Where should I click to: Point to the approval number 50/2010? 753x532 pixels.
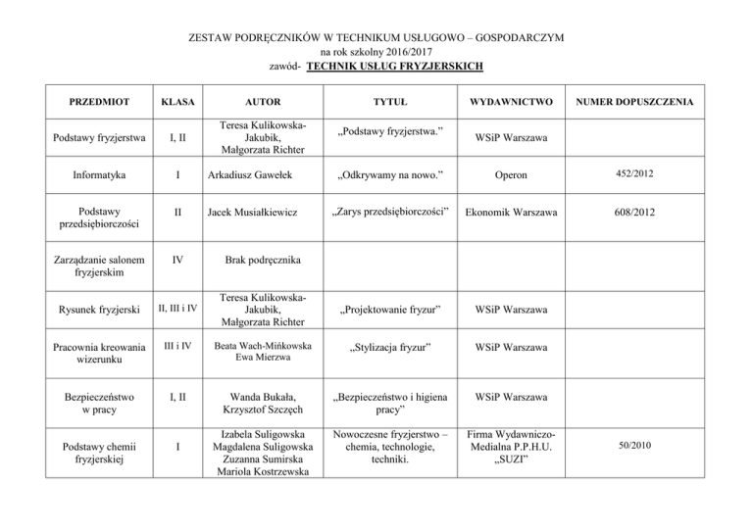(655, 447)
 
